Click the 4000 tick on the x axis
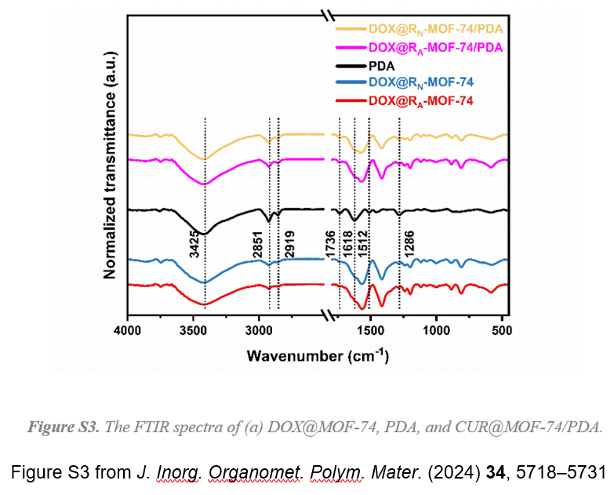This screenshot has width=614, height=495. pos(127,331)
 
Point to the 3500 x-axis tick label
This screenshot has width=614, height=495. pos(194,331)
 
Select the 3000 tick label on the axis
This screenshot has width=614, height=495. pos(260,331)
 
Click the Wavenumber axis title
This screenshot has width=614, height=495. pos(317,355)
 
